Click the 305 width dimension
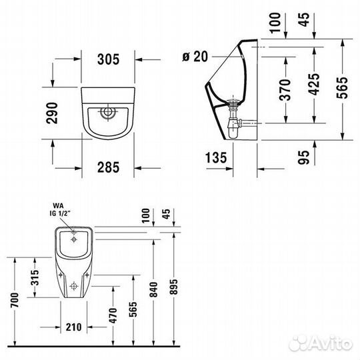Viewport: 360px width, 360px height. click(x=109, y=59)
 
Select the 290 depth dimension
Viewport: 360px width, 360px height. click(x=52, y=113)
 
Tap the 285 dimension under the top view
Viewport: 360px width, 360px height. click(x=109, y=167)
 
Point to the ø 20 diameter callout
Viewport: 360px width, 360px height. click(x=195, y=57)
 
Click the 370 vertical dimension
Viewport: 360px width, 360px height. click(x=285, y=90)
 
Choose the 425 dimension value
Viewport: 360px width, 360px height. click(x=314, y=84)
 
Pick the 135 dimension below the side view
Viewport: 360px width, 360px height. click(x=216, y=158)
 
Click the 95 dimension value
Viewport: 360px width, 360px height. click(x=303, y=157)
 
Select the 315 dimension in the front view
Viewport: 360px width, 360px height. click(x=35, y=277)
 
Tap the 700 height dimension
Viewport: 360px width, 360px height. click(x=15, y=300)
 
